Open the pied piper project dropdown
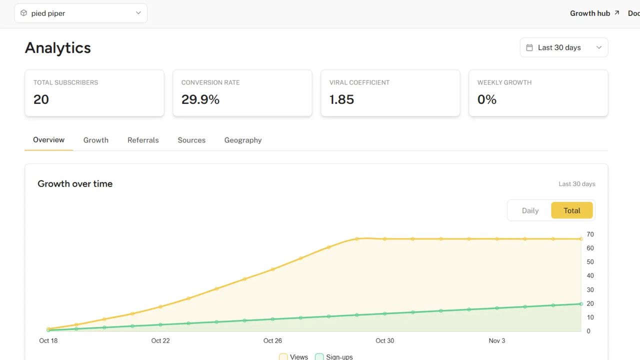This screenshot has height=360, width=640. (x=80, y=13)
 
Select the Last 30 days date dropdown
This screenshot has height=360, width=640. (x=563, y=47)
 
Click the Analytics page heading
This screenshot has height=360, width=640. (x=58, y=48)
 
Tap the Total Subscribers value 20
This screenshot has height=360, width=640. (x=41, y=99)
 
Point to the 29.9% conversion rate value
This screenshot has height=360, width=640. (x=200, y=99)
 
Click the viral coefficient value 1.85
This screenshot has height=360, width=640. (x=341, y=99)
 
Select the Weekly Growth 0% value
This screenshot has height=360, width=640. (x=486, y=99)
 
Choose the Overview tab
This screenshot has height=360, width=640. (x=48, y=140)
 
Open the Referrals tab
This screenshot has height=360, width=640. (x=143, y=140)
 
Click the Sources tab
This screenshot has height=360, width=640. (x=191, y=140)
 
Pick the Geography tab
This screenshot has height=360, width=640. (x=243, y=140)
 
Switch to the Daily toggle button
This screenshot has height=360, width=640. (x=530, y=210)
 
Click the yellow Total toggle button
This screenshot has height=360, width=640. (x=571, y=210)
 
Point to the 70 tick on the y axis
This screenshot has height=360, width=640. (x=590, y=234)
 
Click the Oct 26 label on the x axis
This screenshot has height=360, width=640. (x=272, y=341)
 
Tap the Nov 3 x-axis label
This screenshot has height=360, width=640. (x=496, y=341)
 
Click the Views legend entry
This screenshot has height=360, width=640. (x=294, y=356)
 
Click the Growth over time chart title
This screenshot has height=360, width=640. (x=75, y=184)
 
